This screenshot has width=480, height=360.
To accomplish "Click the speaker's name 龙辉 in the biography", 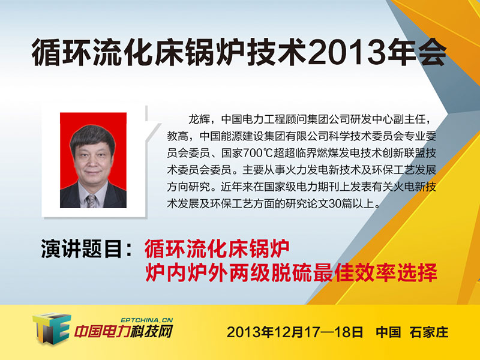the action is coord(199,119).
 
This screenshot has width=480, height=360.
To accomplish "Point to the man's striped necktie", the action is coord(91,201).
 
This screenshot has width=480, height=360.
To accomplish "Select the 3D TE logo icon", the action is coord(51,328).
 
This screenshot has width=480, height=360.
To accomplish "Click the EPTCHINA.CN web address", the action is coord(147,320).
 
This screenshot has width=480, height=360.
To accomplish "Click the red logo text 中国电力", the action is coord(101,332).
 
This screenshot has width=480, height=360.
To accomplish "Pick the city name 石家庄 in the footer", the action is coord(429,332).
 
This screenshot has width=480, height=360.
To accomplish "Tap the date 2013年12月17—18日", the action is coord(295,332).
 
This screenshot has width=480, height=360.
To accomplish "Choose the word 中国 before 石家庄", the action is coord(388,332).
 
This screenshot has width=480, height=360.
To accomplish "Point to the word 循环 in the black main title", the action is coord(62,52).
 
